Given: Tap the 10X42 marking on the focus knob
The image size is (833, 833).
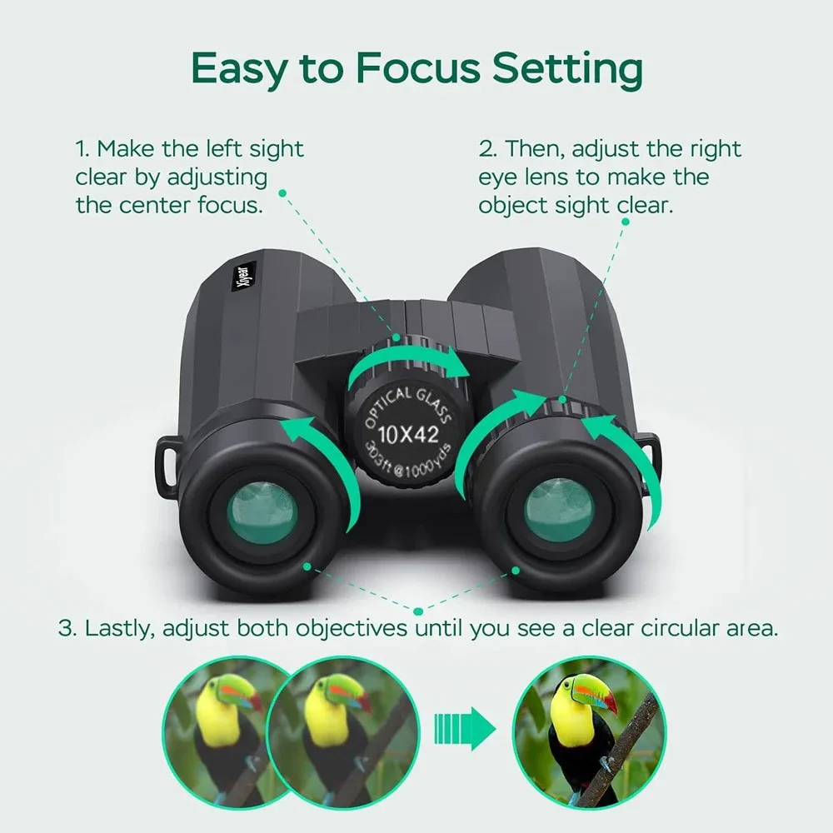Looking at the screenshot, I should pos(408,432).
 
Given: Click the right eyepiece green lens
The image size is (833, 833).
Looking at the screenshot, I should pos(559,510).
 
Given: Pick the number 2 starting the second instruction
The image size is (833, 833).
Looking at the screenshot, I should pos(486,150).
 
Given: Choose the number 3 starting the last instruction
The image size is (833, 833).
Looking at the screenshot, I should pos(66,628).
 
